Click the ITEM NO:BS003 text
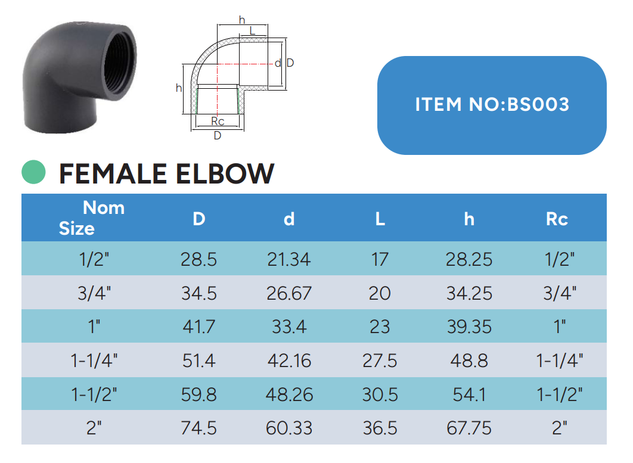[x=492, y=104]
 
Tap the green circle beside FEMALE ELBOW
[x=33, y=172]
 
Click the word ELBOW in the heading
[x=225, y=174]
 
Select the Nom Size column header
[x=92, y=218]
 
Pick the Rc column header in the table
[x=557, y=219]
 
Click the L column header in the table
[x=380, y=219]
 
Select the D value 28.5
[x=198, y=260]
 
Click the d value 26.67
[x=289, y=293]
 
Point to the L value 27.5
[x=380, y=361]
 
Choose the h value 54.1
[x=469, y=395]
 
